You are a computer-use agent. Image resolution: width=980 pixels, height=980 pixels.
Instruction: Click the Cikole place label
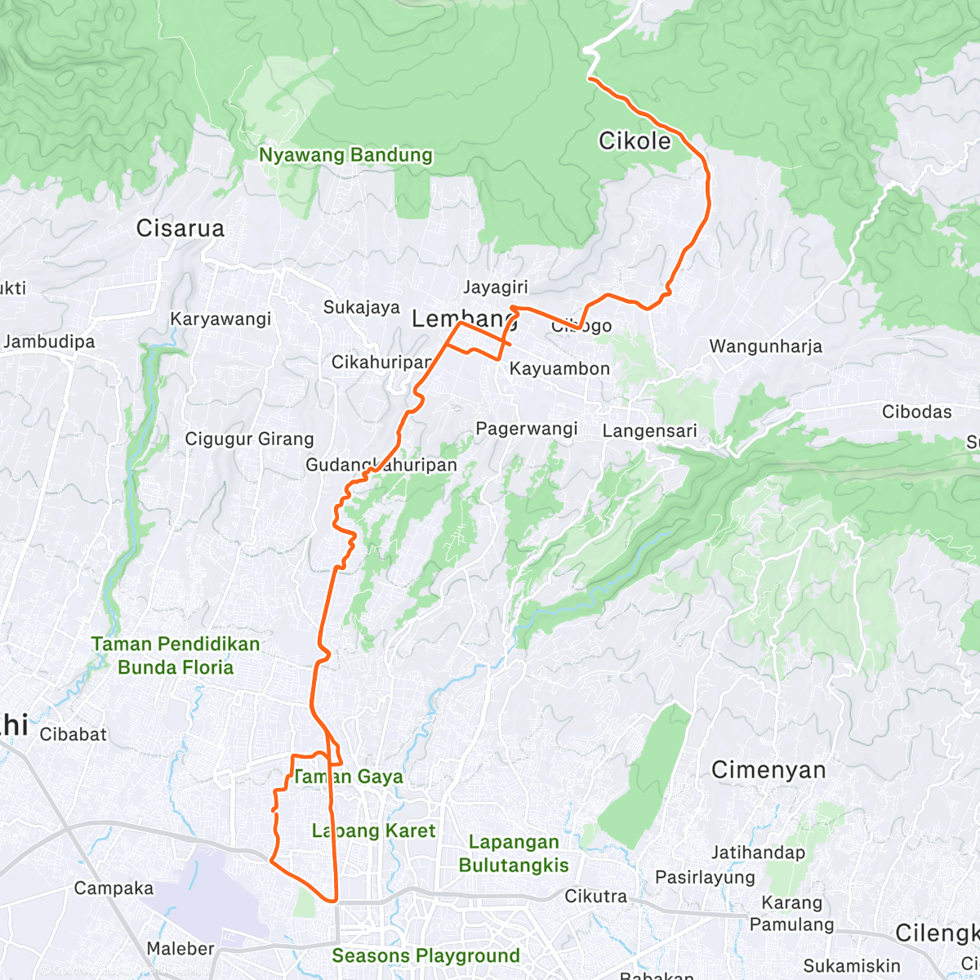(x=635, y=141)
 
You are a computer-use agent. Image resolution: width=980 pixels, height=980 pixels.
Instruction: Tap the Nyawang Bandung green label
(x=345, y=155)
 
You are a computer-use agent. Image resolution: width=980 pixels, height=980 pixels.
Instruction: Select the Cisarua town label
(x=180, y=229)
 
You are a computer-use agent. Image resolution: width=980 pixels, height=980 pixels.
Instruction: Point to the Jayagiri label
(x=496, y=287)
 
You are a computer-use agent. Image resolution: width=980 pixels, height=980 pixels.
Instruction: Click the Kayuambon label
(x=559, y=369)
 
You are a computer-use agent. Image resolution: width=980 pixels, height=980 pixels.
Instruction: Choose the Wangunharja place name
(x=765, y=346)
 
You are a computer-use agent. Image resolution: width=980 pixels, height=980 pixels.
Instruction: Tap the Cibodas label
(x=916, y=412)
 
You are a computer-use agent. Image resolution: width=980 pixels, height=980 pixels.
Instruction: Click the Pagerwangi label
(x=527, y=429)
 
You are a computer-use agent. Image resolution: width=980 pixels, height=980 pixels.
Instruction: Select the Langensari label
(x=650, y=431)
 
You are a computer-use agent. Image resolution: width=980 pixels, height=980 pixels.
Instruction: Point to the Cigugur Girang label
(x=249, y=439)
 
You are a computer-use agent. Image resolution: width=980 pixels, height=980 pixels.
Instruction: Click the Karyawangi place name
(x=220, y=319)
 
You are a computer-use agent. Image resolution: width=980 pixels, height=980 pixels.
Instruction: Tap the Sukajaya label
(x=362, y=308)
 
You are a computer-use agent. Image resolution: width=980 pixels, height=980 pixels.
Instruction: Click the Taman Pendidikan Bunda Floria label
(x=176, y=656)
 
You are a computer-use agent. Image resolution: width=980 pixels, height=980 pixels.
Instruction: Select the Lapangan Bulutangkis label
(x=514, y=853)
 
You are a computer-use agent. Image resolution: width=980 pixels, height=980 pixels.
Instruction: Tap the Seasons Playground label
(x=425, y=955)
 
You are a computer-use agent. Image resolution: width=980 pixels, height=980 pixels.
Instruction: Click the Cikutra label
(x=596, y=897)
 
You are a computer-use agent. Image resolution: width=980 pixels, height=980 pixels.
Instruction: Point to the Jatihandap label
(x=758, y=853)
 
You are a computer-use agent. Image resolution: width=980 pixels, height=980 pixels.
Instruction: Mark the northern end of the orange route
(x=590, y=78)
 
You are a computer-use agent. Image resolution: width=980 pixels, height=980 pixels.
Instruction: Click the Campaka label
(x=114, y=889)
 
